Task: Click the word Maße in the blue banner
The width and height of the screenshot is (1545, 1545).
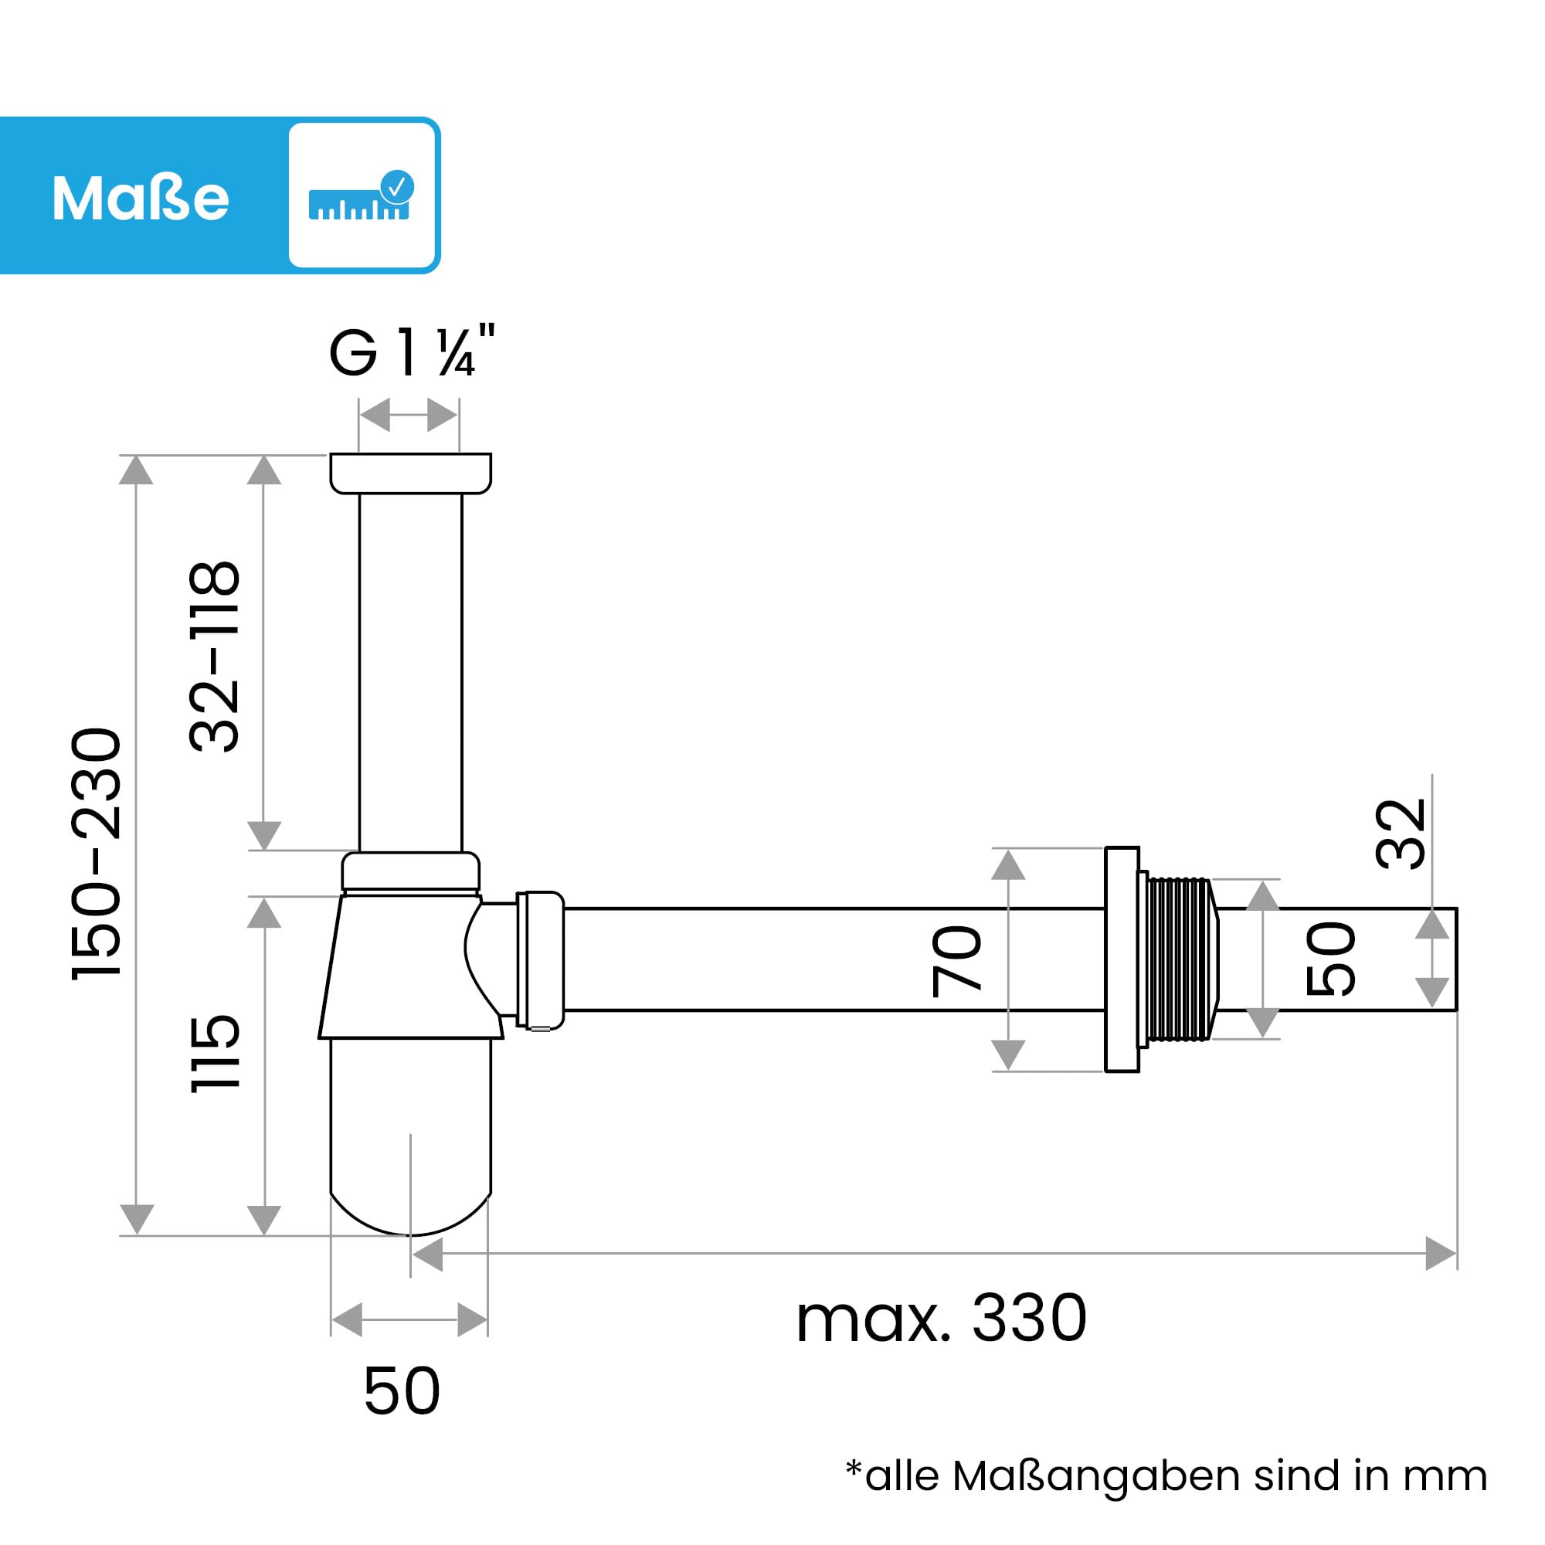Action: click(x=141, y=198)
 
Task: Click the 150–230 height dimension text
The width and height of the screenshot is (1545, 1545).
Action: click(x=97, y=853)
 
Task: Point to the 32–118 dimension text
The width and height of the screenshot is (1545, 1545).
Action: click(x=214, y=656)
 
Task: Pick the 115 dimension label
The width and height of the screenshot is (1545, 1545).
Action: click(x=214, y=1053)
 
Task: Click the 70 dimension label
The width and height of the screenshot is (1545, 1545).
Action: click(x=957, y=960)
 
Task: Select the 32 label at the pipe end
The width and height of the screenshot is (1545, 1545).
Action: click(x=1401, y=834)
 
